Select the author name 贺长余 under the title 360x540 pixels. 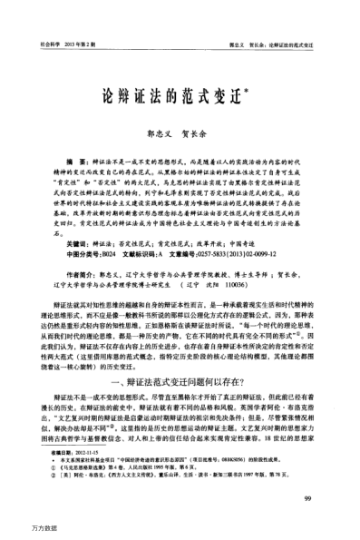point(202,131)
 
